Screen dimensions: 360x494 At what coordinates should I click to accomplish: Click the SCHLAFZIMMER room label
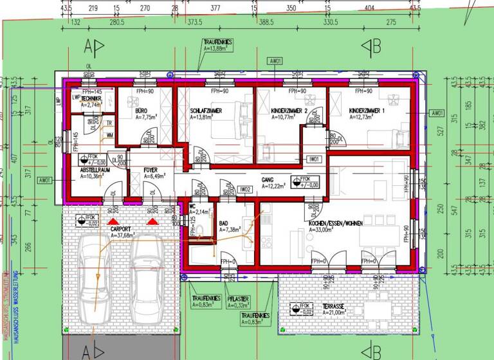[206, 111]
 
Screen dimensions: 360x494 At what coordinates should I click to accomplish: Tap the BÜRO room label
[142, 111]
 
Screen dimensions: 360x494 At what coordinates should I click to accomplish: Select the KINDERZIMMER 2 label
[289, 111]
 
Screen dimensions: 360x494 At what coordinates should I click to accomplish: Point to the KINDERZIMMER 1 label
[367, 111]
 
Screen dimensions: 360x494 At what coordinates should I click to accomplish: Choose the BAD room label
[223, 223]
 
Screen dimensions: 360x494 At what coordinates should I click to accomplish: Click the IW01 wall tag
[315, 159]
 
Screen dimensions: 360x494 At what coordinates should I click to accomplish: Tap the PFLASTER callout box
[239, 302]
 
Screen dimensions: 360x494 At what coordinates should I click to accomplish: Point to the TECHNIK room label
[84, 97]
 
